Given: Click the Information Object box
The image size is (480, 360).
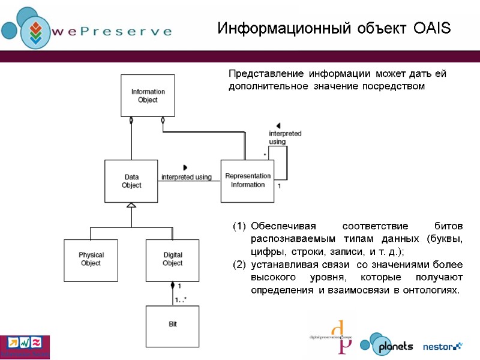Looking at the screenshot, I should coord(148,95).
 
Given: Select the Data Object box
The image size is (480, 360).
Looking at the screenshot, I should coord(131,181).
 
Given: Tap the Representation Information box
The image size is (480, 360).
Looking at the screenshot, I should coord(247,180).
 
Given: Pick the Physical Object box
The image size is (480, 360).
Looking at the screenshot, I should coord(91,259).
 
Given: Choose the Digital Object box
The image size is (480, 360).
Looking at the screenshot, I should coord(172,259).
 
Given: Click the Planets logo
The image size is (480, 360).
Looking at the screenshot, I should coord(387,345).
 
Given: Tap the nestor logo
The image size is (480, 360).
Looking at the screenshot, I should coord(443,346).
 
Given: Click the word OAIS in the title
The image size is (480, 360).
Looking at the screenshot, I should coord(431,28).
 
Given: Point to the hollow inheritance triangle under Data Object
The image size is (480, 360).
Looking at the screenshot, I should coord(131,205).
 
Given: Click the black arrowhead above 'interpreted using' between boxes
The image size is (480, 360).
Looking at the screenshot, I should coord(185,167).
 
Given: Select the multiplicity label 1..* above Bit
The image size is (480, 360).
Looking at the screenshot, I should coord(180,299).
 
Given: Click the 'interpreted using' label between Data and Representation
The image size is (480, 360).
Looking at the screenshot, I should coord(186,177).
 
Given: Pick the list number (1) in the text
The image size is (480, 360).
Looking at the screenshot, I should coord(238,227).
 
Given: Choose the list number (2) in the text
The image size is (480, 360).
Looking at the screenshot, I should coord(238,265).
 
